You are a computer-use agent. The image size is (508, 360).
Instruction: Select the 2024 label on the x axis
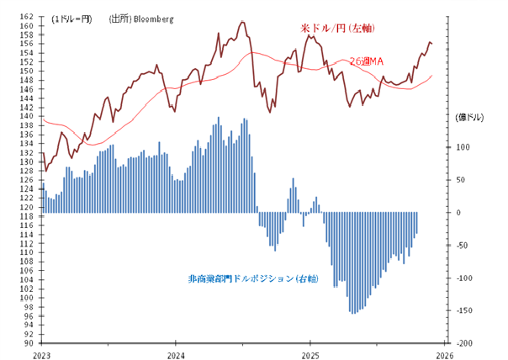tap(176, 354)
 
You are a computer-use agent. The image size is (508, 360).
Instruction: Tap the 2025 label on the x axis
tap(310, 354)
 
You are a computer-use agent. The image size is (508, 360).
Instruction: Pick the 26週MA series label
tap(367, 61)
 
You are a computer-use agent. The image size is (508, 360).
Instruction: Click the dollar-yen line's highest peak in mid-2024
tap(242, 22)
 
